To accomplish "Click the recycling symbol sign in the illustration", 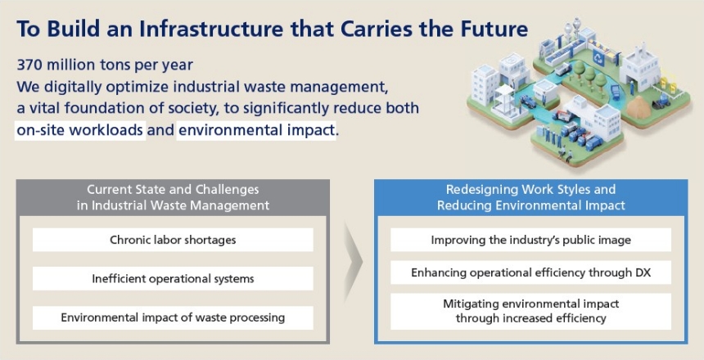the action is click(598, 57).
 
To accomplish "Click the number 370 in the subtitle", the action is click(29, 65).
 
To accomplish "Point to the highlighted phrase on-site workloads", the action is click(80, 130).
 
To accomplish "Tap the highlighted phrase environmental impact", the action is click(256, 130).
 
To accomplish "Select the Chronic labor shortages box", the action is click(173, 240).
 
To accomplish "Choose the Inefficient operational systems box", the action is click(173, 279).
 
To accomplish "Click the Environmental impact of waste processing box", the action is click(173, 317).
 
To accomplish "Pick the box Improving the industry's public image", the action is click(530, 240).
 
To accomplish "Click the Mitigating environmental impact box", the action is click(530, 311).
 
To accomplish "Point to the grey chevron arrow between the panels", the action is click(354, 261).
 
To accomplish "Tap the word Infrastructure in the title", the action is click(211, 29).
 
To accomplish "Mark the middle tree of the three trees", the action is click(589, 75).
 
